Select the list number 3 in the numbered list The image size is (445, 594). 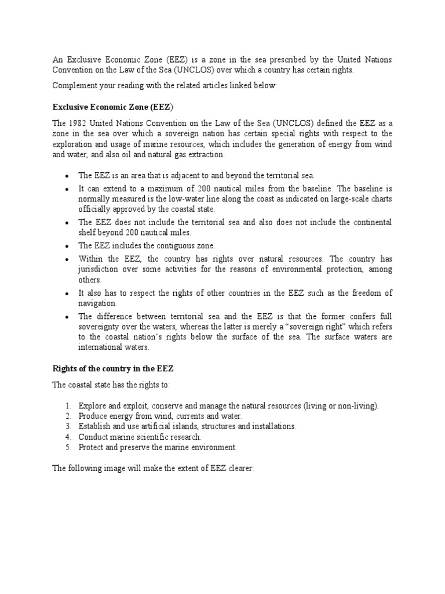click(68, 426)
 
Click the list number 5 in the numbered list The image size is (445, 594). click(68, 447)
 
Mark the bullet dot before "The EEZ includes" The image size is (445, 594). click(68, 247)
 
